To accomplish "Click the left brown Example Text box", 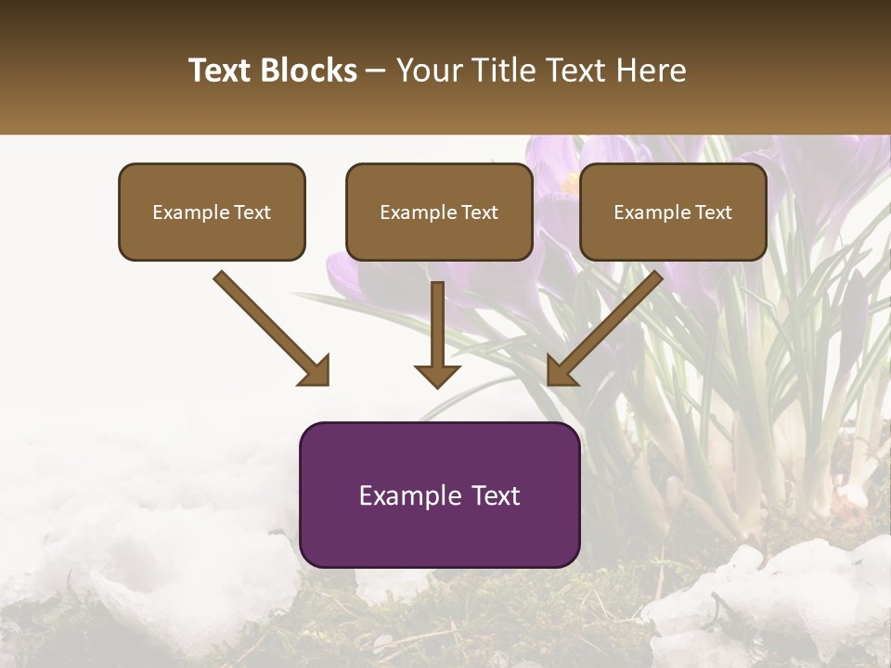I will (x=212, y=212).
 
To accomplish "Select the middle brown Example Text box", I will (x=439, y=212).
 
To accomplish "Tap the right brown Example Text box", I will (x=673, y=212).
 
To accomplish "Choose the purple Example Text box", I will (x=439, y=495).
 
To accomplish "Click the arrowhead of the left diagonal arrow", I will (x=316, y=371).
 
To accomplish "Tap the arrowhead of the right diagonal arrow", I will (x=561, y=371).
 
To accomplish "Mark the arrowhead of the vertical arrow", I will (x=437, y=375).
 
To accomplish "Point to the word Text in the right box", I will (x=713, y=212).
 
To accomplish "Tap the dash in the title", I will (x=376, y=71).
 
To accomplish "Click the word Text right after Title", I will (x=559, y=71).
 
